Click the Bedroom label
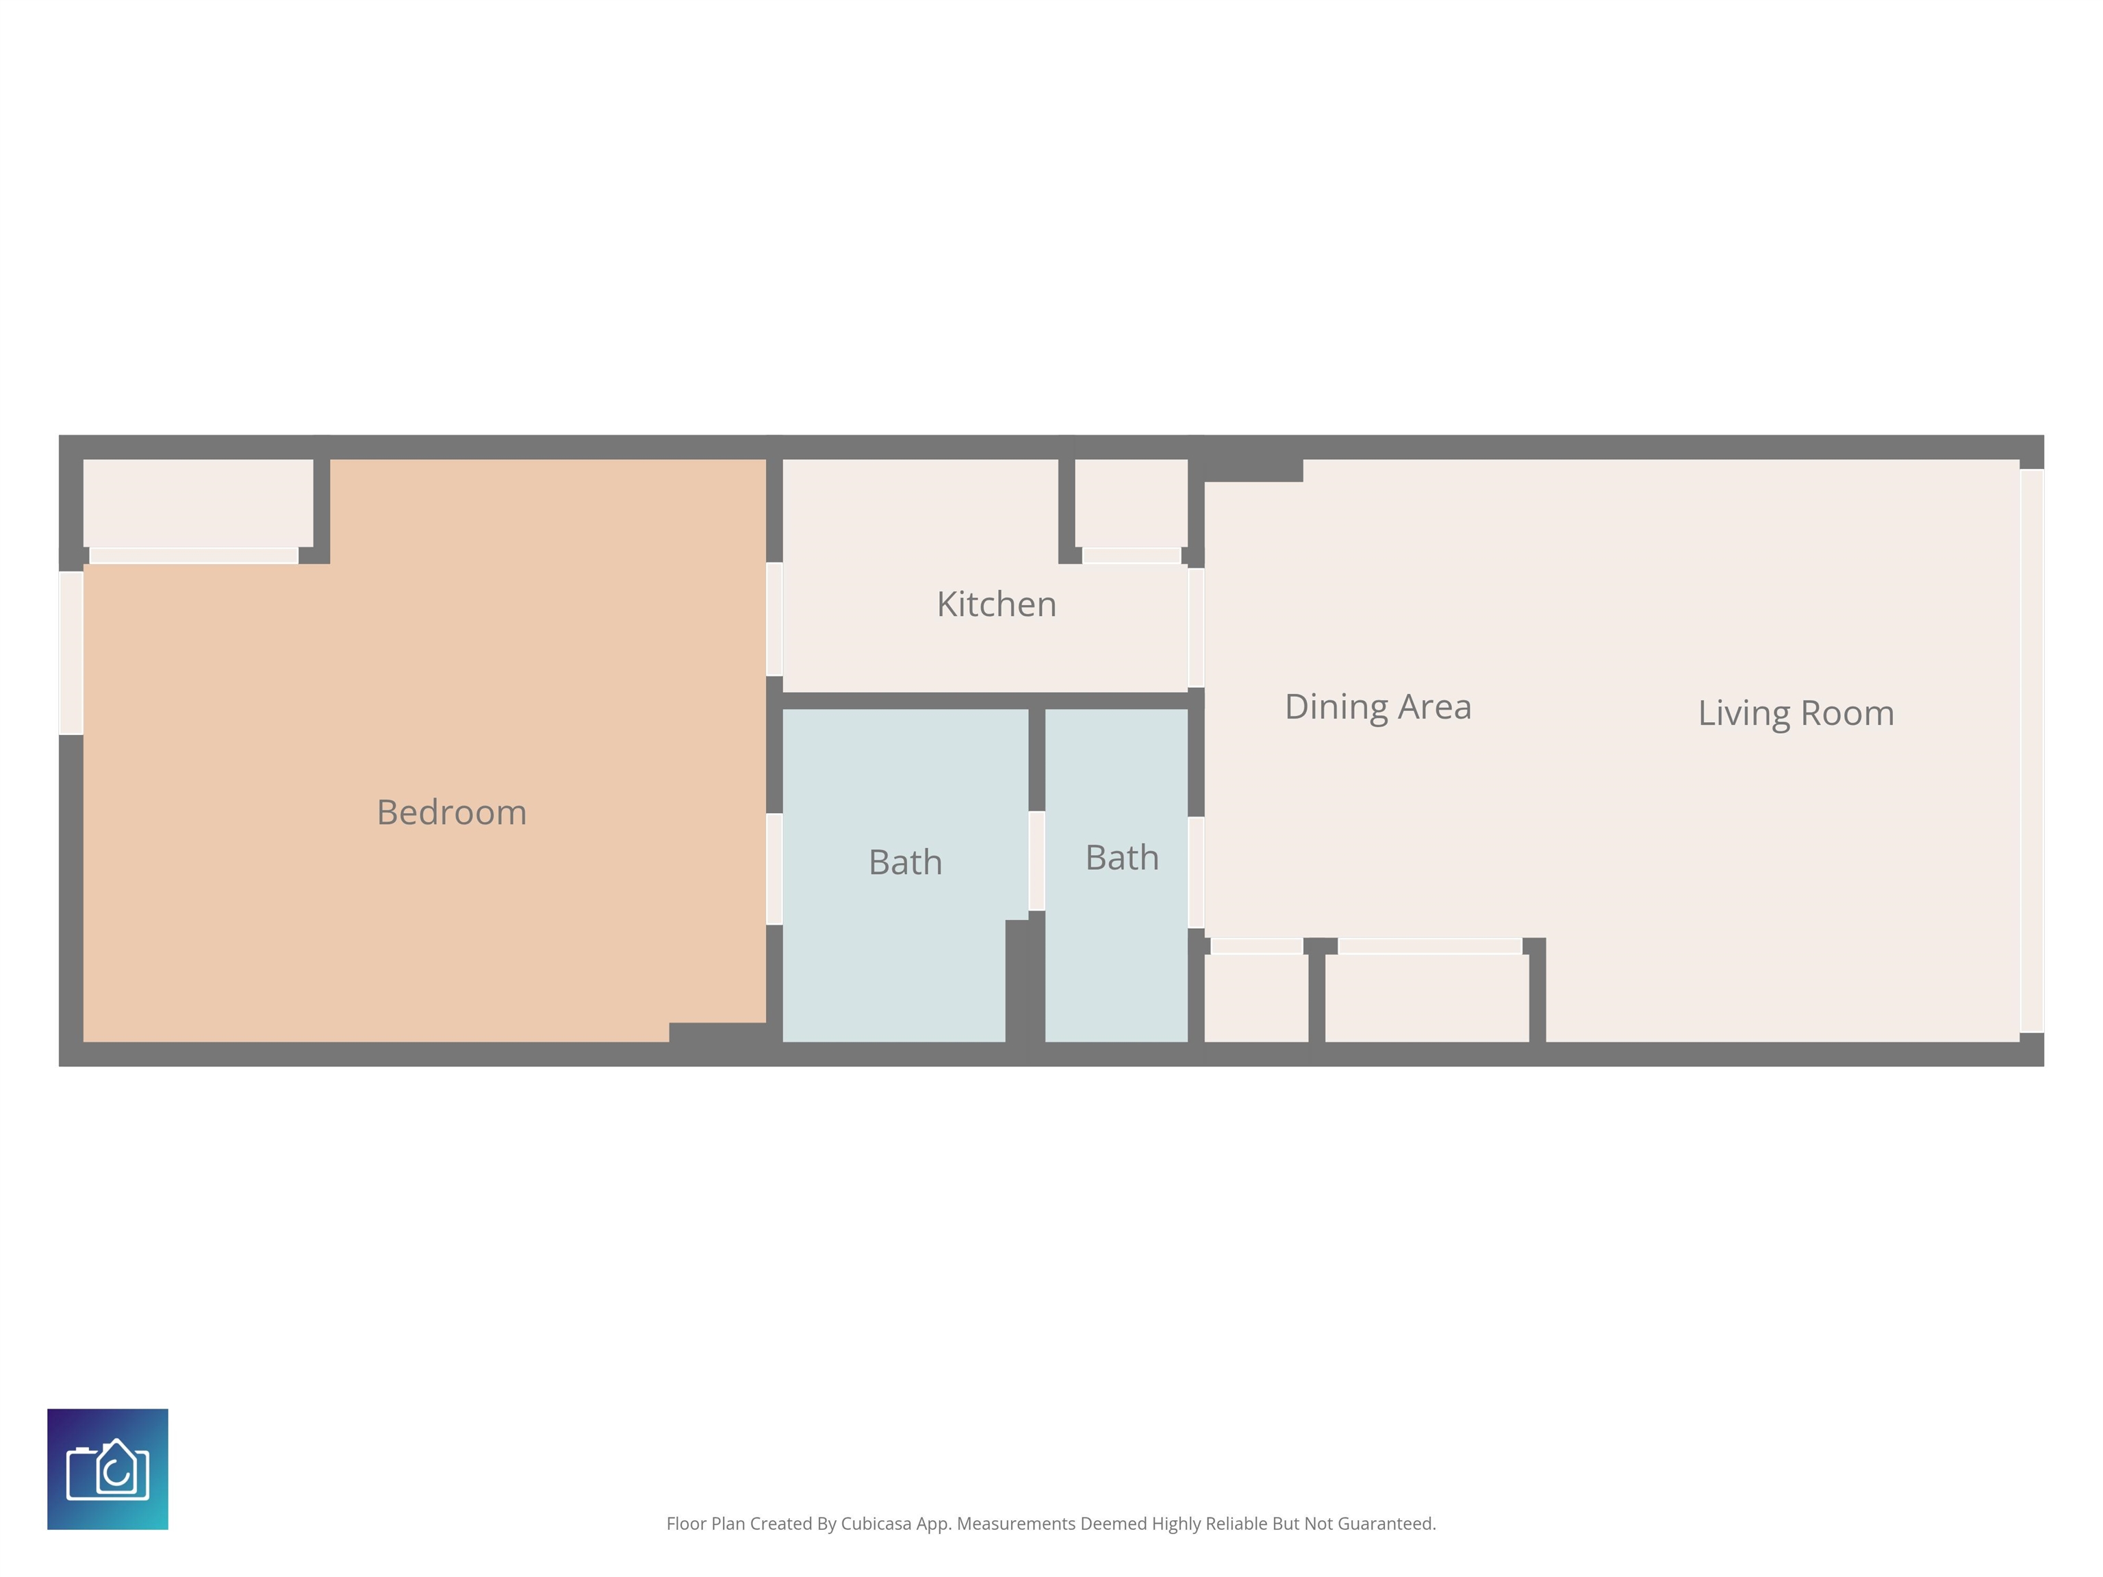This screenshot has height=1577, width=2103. click(x=452, y=812)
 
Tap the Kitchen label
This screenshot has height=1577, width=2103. click(x=996, y=604)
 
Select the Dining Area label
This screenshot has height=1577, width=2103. click(x=1377, y=707)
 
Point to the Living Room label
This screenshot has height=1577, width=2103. click(x=1796, y=714)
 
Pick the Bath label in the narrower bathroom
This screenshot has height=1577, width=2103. click(x=1122, y=858)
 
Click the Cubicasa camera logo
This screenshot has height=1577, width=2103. click(x=107, y=1469)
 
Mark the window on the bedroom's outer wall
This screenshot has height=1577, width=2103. click(x=71, y=653)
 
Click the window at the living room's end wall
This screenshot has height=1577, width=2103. click(x=2032, y=751)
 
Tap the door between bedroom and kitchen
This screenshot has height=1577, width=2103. click(x=774, y=619)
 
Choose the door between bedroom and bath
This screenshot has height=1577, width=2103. click(x=774, y=869)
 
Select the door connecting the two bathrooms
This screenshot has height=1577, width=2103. click(x=1036, y=861)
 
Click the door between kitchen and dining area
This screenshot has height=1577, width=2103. click(x=1196, y=628)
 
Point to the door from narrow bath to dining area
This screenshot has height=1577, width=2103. click(x=1196, y=873)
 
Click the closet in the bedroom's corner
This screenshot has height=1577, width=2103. click(x=198, y=504)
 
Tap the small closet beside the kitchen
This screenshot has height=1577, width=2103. click(x=1130, y=504)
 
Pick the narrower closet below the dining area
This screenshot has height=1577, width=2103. click(x=1256, y=998)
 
